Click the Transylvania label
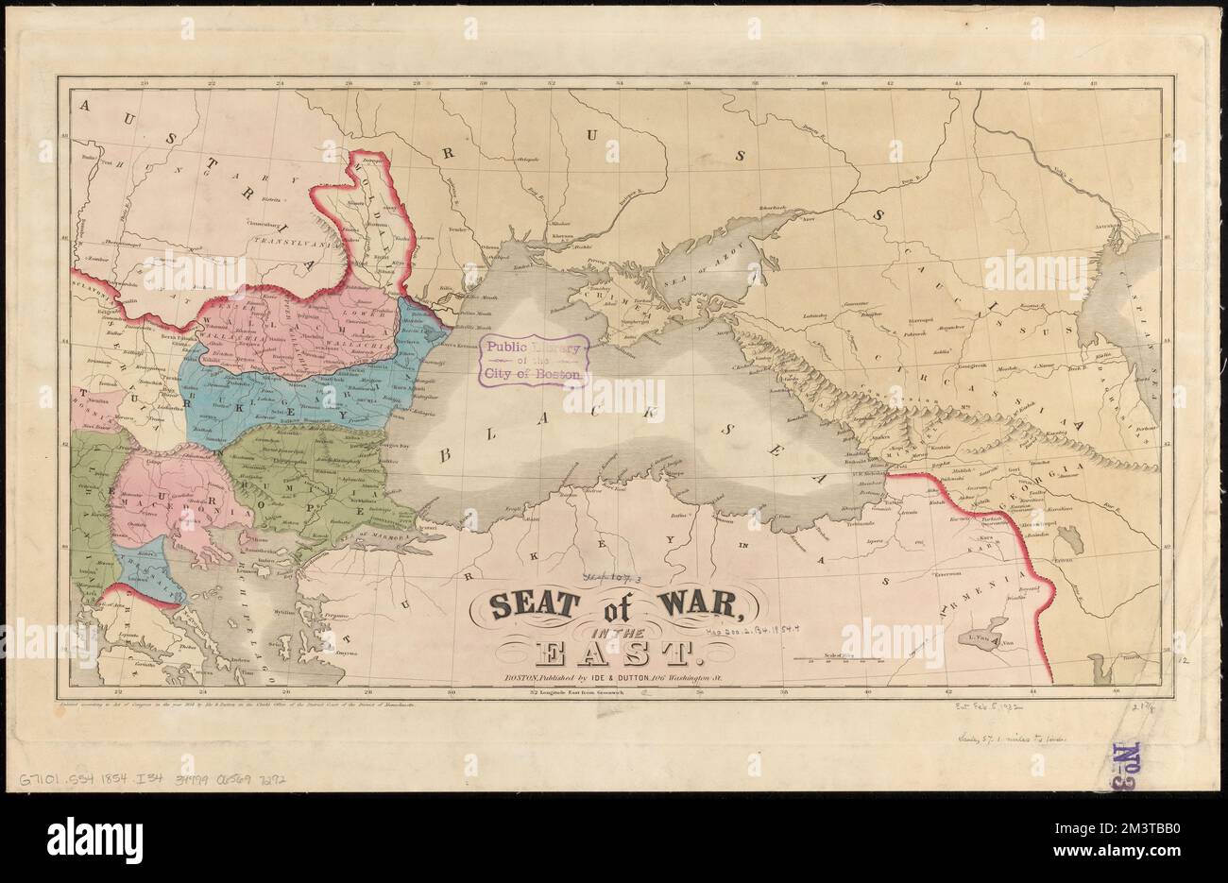click(x=294, y=241)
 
